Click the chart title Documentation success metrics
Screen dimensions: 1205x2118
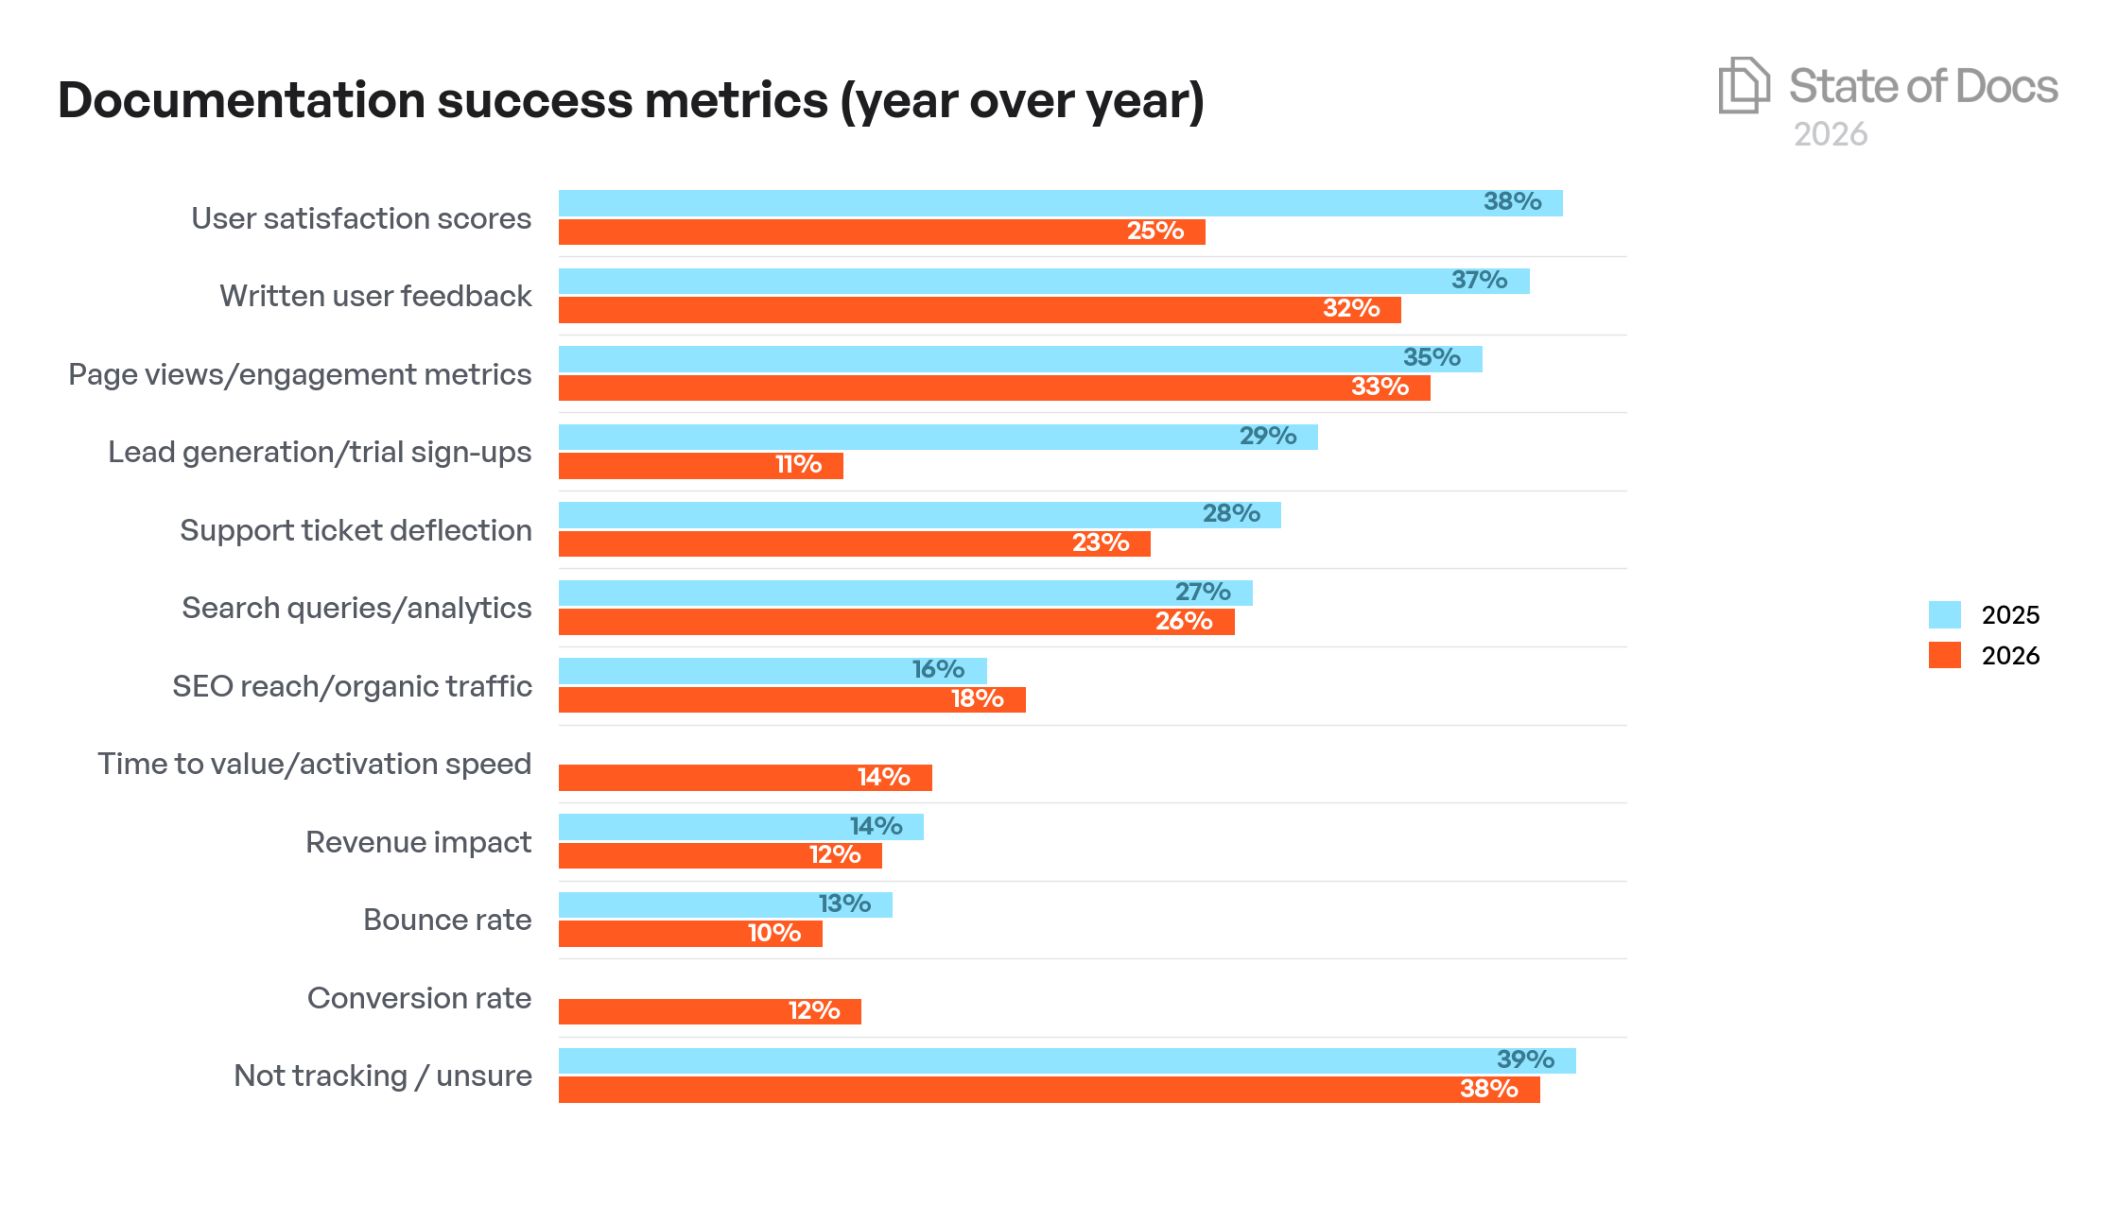tap(631, 100)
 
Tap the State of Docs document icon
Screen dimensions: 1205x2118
tap(1743, 85)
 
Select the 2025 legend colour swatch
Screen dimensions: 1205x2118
tap(1944, 614)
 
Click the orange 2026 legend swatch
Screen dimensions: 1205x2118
tap(1944, 655)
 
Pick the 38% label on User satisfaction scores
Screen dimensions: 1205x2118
tap(1512, 202)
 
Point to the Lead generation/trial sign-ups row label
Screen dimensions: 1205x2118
tap(320, 452)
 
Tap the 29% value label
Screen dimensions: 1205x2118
tap(1267, 437)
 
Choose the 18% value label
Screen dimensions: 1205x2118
tap(977, 699)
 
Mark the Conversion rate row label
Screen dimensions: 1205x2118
tap(419, 998)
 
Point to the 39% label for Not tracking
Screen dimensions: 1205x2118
tap(1524, 1060)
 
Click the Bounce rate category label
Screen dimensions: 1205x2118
tap(447, 920)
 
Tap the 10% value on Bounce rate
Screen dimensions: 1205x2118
tap(773, 934)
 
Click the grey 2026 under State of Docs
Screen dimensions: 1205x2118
tap(1831, 134)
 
